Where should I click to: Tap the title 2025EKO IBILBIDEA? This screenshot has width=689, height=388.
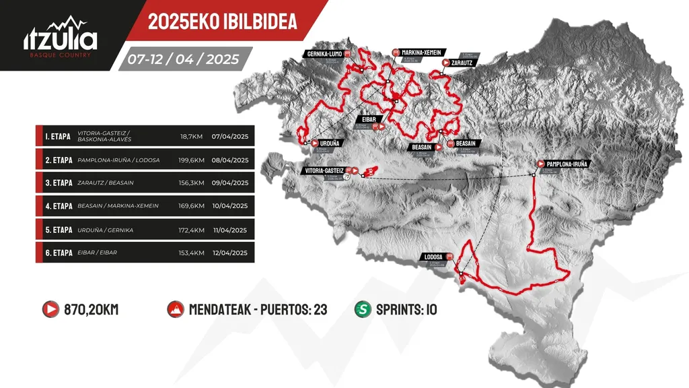222,21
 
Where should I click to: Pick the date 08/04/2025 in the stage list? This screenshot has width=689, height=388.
229,160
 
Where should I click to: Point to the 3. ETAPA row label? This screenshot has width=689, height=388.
59,183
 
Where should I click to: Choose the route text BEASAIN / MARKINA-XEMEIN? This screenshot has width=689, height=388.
118,205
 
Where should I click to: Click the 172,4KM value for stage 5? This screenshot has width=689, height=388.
191,229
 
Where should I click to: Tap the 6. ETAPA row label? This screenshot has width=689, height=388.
59,253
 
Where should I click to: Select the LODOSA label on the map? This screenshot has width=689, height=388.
433,257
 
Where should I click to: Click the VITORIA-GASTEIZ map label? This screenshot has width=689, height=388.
323,170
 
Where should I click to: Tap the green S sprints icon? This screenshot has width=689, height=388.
363,310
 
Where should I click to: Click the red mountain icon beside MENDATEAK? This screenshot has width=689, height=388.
176,310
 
